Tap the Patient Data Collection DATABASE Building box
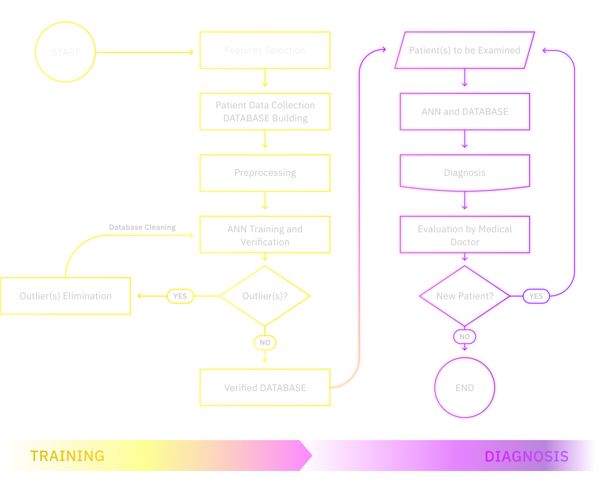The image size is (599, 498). (x=265, y=111)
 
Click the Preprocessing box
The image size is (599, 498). (x=265, y=173)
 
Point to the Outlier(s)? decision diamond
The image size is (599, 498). (x=265, y=296)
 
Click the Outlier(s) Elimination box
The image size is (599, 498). (x=65, y=296)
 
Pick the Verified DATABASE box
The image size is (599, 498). (x=265, y=388)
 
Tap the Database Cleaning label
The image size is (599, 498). (x=142, y=227)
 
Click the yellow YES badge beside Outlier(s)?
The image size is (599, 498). (x=180, y=296)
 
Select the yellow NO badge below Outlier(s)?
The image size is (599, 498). (x=265, y=343)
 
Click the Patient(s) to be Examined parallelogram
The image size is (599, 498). (x=464, y=50)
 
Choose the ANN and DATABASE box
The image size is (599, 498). (x=464, y=111)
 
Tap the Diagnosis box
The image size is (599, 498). (x=464, y=173)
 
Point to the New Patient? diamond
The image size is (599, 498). (x=464, y=296)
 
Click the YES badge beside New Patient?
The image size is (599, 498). (x=536, y=296)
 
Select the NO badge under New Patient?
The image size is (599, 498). (x=464, y=337)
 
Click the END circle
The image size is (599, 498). (x=464, y=388)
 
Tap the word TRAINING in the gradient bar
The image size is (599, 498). (x=67, y=456)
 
